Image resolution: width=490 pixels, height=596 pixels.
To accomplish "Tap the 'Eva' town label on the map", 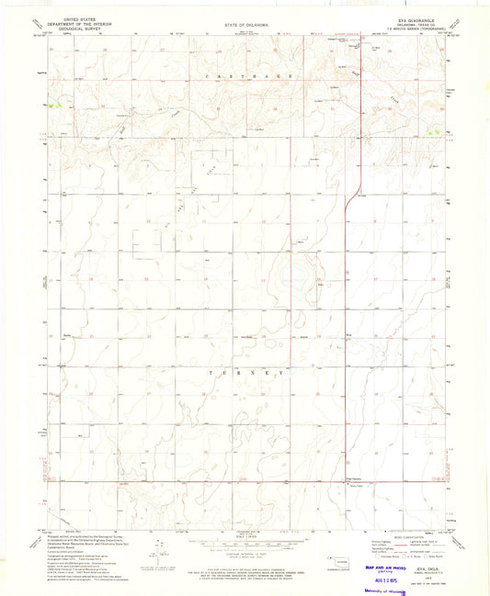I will pyautogui.click(x=349, y=334).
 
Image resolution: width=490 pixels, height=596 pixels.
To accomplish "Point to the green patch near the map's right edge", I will pyautogui.click(x=434, y=133).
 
